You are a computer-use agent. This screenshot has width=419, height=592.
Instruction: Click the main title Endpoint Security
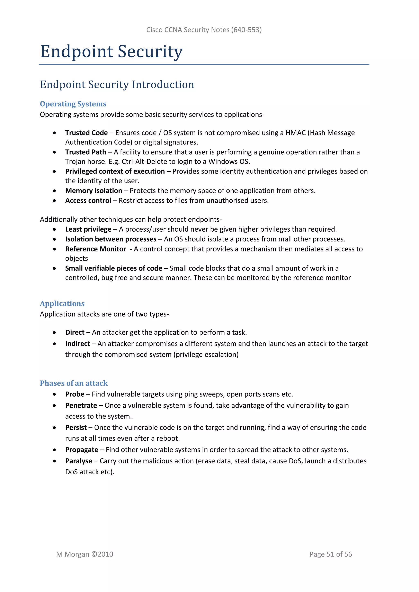112,52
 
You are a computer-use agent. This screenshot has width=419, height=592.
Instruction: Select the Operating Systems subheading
73,104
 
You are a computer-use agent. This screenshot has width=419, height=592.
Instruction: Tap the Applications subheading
62,304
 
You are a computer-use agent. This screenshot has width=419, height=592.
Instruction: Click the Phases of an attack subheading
74,383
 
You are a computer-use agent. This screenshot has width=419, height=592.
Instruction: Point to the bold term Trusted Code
86,133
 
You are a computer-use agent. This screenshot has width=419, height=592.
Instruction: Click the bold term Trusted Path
86,152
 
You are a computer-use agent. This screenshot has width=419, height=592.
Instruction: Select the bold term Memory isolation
94,191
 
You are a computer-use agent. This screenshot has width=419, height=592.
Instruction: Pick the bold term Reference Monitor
96,249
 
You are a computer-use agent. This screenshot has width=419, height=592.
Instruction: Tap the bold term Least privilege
88,229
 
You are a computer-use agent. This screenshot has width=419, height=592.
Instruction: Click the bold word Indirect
77,344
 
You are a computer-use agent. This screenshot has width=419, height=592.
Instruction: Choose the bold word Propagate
82,450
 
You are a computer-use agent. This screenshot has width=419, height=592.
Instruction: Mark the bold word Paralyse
79,461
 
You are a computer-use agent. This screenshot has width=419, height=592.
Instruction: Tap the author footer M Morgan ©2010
85,554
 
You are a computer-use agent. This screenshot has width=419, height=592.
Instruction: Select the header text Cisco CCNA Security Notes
188,30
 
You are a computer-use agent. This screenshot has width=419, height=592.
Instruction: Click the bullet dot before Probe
54,394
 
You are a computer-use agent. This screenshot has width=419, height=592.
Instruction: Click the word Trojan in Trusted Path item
76,162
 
